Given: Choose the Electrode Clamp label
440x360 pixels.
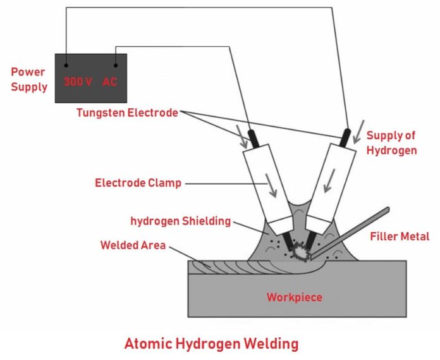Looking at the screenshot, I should point(138,183).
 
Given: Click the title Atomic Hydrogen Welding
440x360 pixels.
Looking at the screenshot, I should point(211,345).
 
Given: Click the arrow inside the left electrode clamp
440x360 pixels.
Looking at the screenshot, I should point(272,187).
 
